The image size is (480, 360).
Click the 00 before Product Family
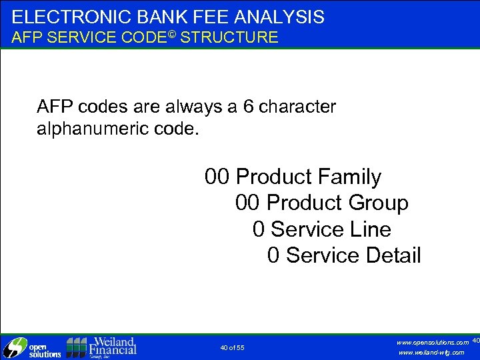(x=217, y=177)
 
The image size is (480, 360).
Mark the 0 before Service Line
(x=259, y=229)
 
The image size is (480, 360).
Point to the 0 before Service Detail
(x=273, y=255)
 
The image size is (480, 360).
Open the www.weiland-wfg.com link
(x=431, y=353)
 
